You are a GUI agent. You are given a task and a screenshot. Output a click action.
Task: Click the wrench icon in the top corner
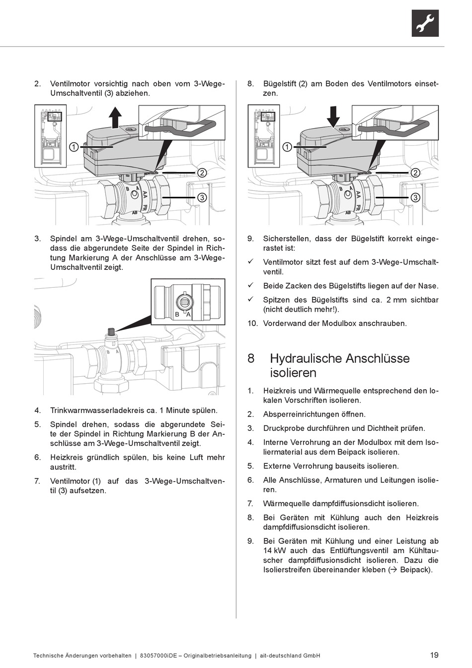pos(425,23)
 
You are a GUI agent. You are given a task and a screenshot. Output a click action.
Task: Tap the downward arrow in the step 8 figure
pos(333,117)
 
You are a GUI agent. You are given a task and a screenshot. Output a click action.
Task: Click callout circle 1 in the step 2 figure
pos(73,147)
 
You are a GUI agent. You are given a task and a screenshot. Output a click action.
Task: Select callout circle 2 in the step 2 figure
pos(202,172)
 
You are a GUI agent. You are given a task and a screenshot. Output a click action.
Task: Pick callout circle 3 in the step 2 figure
pos(202,197)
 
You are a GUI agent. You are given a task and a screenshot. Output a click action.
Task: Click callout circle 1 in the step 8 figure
pos(287,147)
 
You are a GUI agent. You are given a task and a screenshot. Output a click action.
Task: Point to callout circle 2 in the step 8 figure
pos(415,172)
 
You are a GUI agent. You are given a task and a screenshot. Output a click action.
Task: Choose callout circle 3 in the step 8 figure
pos(415,197)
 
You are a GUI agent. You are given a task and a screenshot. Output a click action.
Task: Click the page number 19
pos(434,655)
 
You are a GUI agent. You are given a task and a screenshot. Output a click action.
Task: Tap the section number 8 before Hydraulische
pos(251,358)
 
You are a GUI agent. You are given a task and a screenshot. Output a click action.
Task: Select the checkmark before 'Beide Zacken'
pos(251,285)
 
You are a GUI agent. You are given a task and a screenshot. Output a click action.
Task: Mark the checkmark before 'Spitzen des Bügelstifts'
pos(251,299)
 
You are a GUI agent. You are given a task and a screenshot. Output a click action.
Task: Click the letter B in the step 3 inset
pos(177,315)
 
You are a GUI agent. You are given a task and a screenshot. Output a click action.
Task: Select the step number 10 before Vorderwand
pos(253,323)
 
